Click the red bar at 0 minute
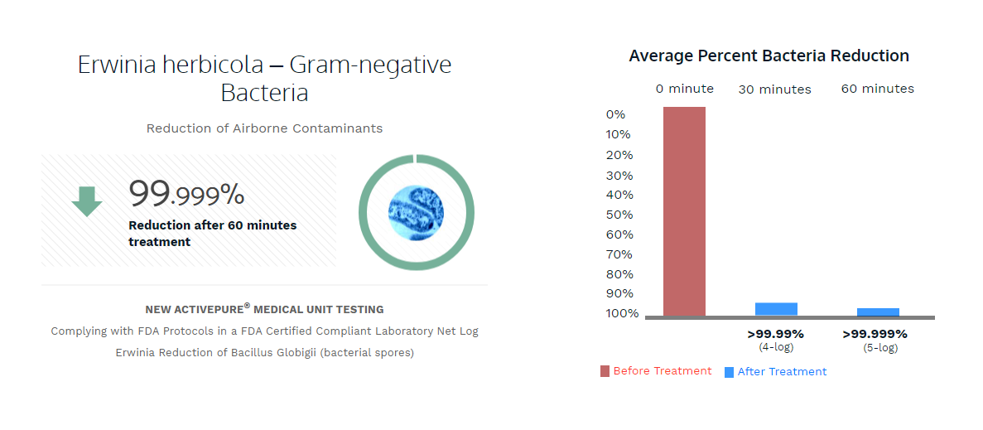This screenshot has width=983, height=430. (x=684, y=211)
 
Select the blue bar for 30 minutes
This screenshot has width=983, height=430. (x=776, y=309)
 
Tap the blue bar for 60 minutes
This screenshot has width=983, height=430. (x=879, y=312)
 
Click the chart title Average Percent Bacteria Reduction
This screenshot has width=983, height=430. (x=769, y=56)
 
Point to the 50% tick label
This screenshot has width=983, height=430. (x=619, y=215)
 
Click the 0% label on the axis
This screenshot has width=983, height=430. (x=615, y=114)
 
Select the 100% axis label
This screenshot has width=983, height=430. (x=623, y=313)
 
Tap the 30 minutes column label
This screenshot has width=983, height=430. (x=775, y=89)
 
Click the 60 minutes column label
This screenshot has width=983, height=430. (x=878, y=89)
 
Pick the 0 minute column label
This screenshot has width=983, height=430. (x=685, y=89)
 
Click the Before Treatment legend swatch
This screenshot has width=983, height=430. (x=605, y=371)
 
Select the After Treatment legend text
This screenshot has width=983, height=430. (x=782, y=372)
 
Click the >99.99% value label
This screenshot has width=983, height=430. (x=775, y=334)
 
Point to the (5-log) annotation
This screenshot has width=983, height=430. (x=880, y=348)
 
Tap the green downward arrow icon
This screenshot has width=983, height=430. (x=86, y=201)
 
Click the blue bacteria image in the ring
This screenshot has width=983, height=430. (x=416, y=213)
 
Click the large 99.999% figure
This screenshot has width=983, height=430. (x=187, y=194)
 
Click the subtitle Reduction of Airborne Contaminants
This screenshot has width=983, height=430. (x=264, y=128)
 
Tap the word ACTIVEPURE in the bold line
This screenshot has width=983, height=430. (x=206, y=310)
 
